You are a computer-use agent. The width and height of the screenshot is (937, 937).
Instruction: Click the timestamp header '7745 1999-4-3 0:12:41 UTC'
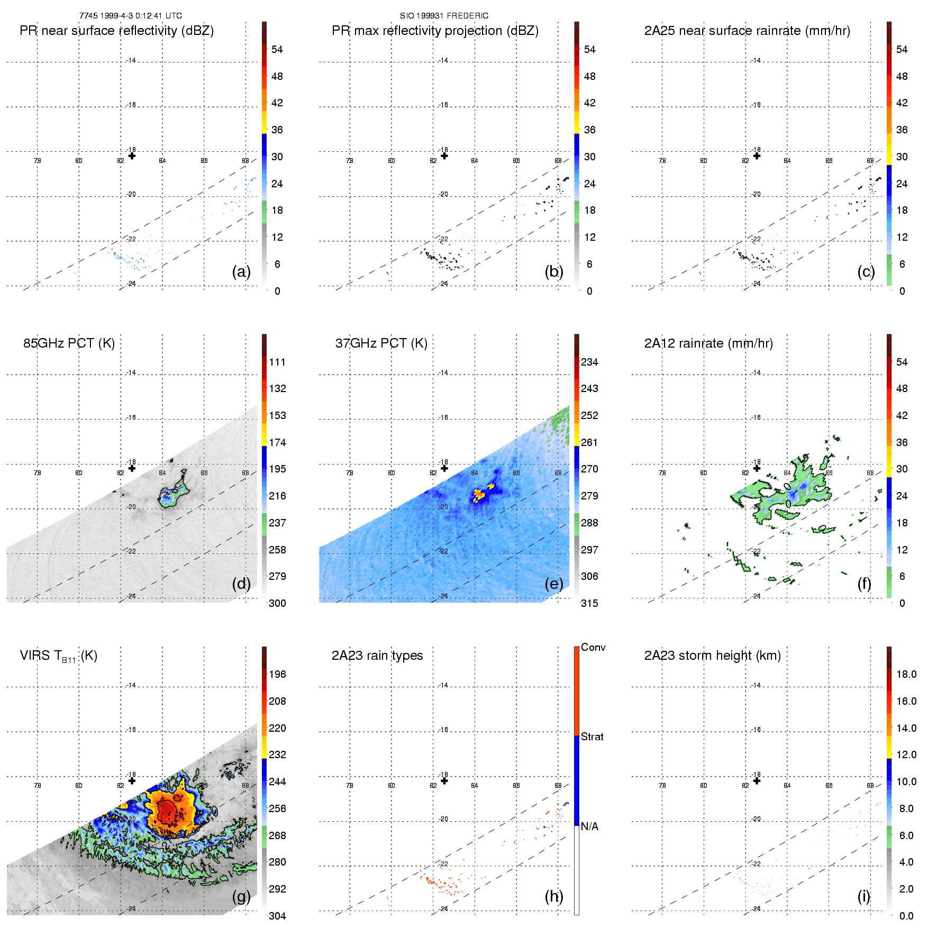pos(130,16)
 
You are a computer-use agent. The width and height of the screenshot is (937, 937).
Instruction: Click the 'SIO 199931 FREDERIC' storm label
pos(444,16)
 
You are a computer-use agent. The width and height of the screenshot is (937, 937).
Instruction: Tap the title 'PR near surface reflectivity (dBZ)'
pos(116,31)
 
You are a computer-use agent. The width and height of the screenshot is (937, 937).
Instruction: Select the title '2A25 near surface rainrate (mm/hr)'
pos(747,31)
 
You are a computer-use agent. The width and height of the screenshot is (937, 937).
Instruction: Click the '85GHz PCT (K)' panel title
pos(69,343)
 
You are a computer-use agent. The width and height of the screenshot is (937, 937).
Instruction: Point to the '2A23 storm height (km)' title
pos(712,656)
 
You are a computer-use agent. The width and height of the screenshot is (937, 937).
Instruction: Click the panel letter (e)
pos(553,584)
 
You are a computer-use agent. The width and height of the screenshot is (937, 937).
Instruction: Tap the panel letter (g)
pos(241,896)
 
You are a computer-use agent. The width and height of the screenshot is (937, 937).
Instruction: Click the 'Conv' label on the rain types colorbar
pos(593,648)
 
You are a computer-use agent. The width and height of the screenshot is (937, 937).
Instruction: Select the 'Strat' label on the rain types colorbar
pos(592,737)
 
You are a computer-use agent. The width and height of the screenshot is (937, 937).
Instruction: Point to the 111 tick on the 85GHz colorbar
pos(277,362)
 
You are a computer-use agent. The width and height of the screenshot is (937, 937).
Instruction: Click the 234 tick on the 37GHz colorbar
pos(589,362)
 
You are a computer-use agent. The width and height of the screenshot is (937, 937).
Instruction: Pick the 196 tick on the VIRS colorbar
pos(277,675)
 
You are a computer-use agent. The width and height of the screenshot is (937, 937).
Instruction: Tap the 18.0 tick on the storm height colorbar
pos(906,675)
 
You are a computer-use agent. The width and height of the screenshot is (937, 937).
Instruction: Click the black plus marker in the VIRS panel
pos(132,781)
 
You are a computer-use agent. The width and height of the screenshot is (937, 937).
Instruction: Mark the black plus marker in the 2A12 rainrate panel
pos(757,468)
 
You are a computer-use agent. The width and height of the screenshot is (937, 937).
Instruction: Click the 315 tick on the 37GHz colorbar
pos(589,604)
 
